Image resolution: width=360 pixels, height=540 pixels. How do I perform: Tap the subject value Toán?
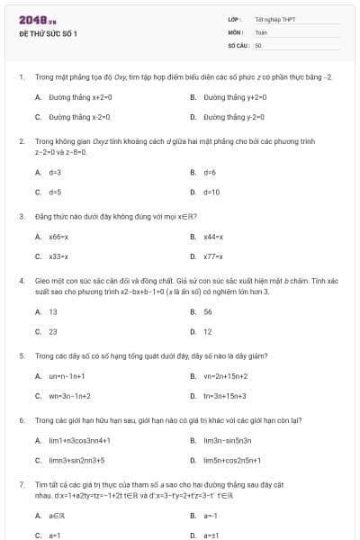click(x=261, y=31)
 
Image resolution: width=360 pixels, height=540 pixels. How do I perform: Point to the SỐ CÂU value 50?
click(x=258, y=44)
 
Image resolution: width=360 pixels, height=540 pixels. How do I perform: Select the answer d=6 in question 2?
click(x=210, y=172)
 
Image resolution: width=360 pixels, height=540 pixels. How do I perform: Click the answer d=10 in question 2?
click(x=211, y=192)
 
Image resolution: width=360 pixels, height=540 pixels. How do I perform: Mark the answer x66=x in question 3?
click(x=59, y=237)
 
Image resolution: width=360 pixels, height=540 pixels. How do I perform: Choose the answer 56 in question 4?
click(x=208, y=311)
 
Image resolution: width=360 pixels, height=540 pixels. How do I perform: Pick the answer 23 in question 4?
click(x=53, y=331)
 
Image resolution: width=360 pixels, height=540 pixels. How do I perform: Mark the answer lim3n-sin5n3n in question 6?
click(x=227, y=440)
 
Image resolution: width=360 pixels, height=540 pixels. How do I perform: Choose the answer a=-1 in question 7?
click(x=211, y=516)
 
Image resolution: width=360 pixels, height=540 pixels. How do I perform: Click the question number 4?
click(x=21, y=281)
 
